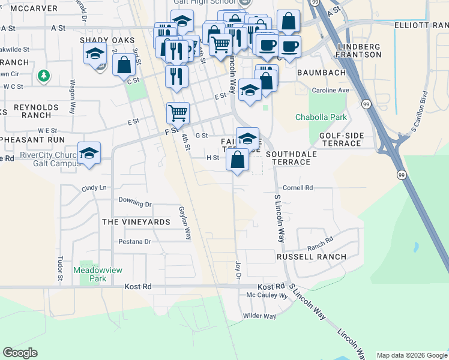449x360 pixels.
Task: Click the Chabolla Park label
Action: (321, 117)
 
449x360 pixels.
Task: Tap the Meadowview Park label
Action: (89, 274)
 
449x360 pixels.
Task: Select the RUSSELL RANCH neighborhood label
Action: (311, 257)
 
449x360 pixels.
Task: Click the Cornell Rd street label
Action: (298, 188)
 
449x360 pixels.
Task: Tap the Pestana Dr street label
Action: (134, 241)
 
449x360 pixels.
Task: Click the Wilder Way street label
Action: (259, 316)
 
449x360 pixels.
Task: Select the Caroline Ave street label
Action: (330, 91)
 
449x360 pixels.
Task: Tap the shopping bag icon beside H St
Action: (238, 160)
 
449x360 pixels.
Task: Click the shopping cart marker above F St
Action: (178, 112)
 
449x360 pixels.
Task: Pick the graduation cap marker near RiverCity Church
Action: (89, 153)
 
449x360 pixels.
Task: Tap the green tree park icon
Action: (43, 76)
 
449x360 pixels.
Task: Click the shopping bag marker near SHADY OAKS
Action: (124, 65)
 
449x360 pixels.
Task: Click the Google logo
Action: (20, 353)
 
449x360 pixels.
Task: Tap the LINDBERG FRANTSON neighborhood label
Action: (360, 50)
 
